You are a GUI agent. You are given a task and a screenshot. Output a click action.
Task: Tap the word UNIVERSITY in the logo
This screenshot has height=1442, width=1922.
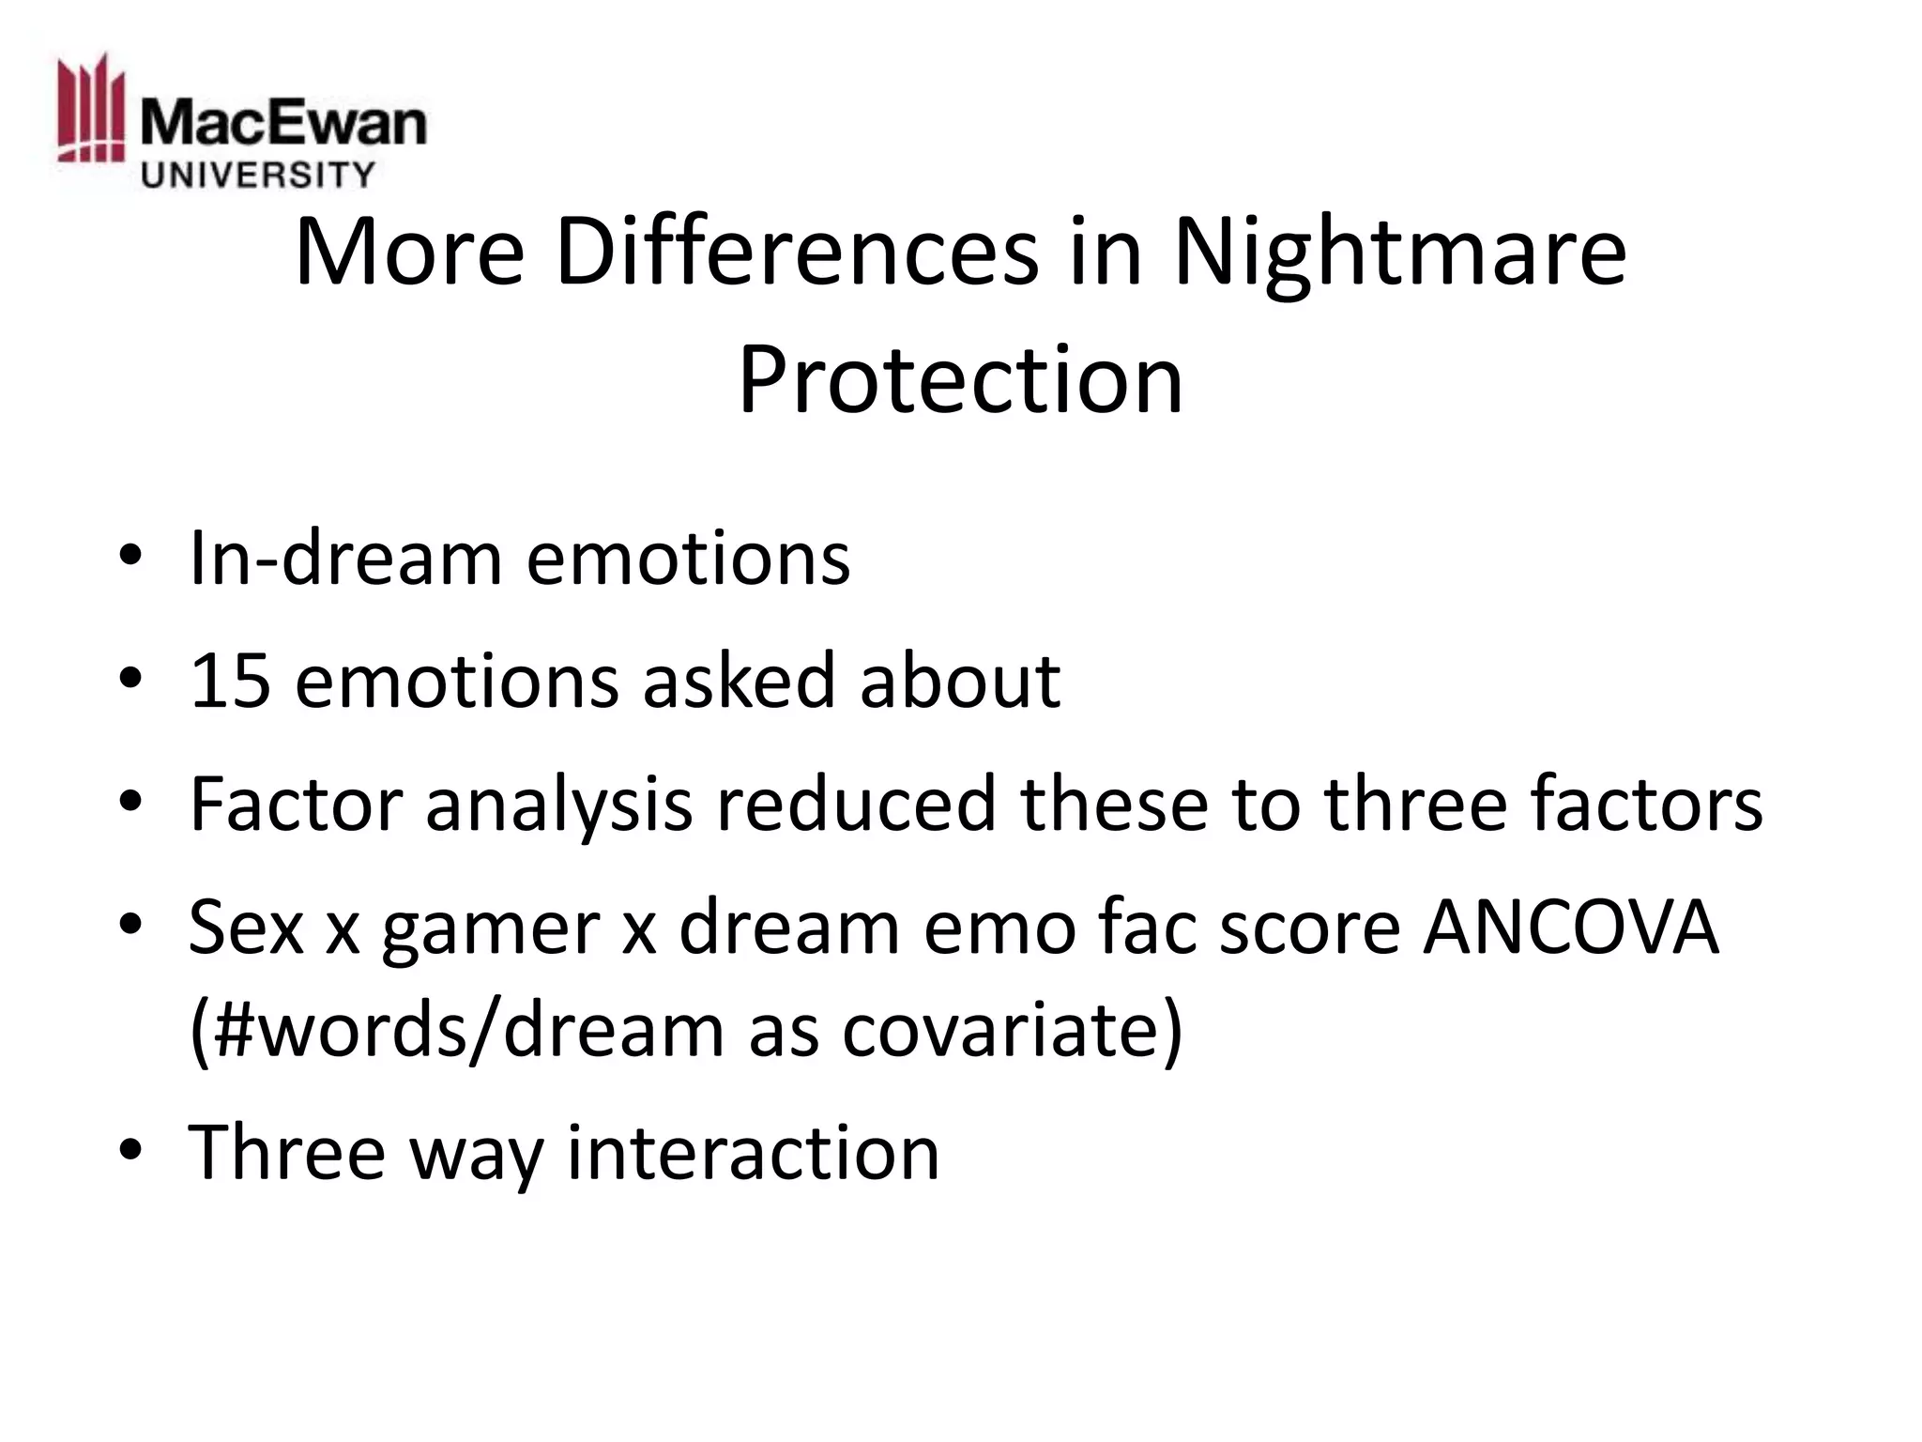257,175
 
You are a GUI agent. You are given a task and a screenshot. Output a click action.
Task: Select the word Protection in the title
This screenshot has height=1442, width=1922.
960,379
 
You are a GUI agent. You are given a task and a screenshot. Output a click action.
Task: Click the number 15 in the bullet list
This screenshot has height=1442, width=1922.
230,680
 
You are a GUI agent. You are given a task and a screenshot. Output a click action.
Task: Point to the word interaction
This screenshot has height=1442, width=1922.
753,1152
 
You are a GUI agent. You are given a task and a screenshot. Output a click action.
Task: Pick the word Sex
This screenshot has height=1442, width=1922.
246,928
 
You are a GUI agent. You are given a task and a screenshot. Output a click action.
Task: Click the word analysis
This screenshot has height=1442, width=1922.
558,805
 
